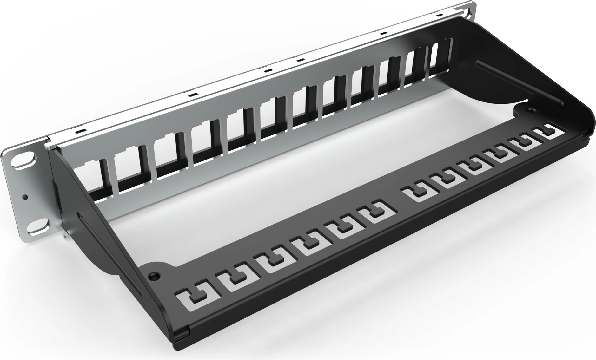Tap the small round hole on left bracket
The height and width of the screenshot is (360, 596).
pyautogui.click(x=25, y=197)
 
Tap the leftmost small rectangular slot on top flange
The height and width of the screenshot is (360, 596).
pyautogui.click(x=78, y=130)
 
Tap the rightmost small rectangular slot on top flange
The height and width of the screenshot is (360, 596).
pyautogui.click(x=440, y=15)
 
